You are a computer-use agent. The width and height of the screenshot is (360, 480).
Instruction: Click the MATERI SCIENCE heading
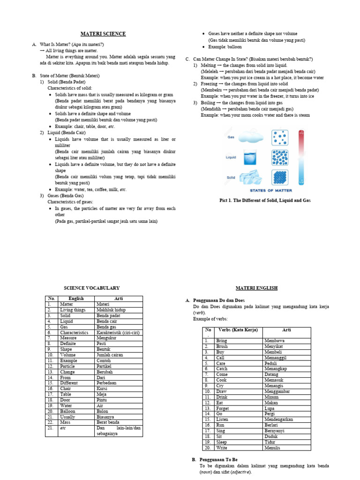point(103,34)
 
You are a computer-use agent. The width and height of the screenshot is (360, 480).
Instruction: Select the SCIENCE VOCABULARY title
point(91,288)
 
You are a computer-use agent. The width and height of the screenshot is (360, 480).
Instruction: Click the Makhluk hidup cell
point(111,309)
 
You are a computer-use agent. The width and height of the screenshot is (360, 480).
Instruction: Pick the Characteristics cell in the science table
point(74,332)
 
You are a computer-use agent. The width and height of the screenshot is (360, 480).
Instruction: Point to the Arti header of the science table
point(119,298)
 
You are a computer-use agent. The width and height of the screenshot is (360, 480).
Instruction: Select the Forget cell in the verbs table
point(223,408)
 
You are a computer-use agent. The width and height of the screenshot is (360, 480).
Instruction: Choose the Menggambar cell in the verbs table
point(280,391)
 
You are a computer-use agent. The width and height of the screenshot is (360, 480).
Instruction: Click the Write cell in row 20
point(221,447)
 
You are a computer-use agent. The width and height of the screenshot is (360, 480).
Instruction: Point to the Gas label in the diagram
point(231,137)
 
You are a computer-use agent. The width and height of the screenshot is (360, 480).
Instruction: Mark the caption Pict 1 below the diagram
point(265,200)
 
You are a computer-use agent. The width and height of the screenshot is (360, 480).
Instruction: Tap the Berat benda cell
point(108,422)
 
